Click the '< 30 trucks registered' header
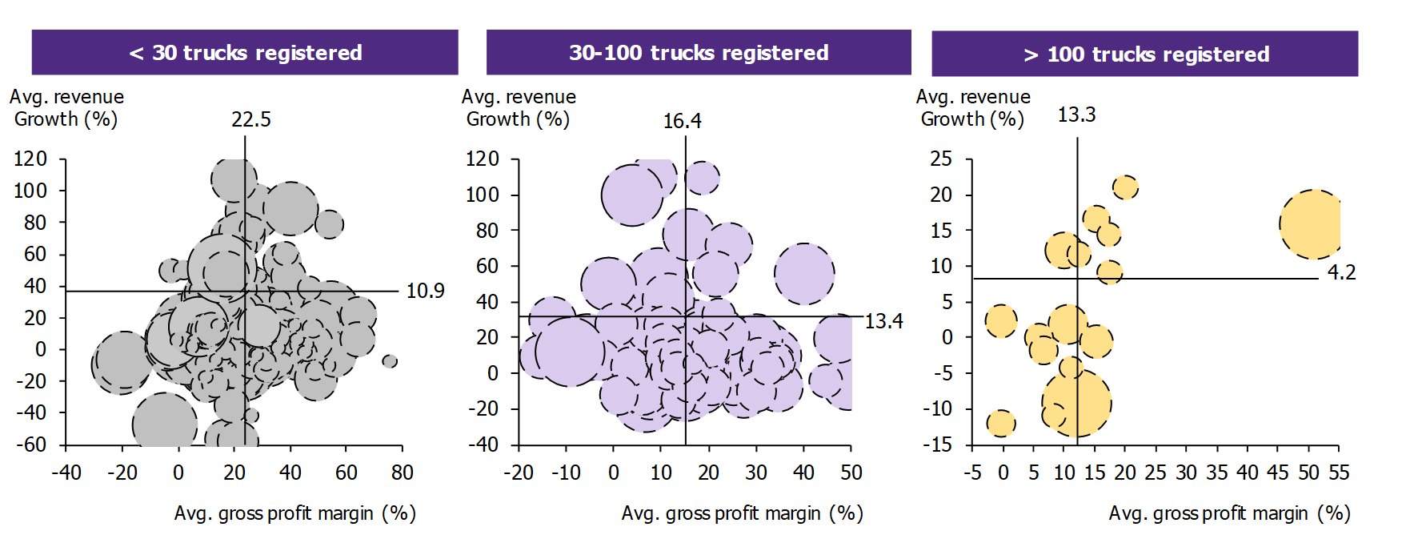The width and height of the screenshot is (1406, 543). [x=245, y=53]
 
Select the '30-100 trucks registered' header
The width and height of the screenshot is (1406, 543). [x=699, y=53]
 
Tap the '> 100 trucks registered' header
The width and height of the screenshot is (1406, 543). [x=1145, y=54]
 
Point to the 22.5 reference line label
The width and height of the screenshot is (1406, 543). [x=251, y=120]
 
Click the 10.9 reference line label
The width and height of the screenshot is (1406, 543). [x=425, y=291]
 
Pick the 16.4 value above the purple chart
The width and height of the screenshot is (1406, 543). [x=682, y=121]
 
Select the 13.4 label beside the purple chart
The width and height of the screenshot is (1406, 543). [x=883, y=321]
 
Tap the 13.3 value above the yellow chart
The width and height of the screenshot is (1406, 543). [x=1076, y=115]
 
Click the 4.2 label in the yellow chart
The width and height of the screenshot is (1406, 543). [x=1341, y=273]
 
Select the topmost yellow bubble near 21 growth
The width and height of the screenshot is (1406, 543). [x=1125, y=187]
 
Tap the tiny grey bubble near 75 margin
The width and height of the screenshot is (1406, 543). [x=390, y=361]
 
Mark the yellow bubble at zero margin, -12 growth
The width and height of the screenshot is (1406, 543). [x=1001, y=423]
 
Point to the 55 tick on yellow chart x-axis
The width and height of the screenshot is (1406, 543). [x=1339, y=473]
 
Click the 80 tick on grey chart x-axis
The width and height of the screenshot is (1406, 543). [x=402, y=473]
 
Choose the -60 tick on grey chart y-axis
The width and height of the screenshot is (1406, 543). [x=31, y=444]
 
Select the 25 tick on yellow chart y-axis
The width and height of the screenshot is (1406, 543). [x=941, y=159]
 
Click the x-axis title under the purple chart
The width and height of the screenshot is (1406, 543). [x=742, y=513]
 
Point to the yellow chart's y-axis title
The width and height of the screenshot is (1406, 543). [x=973, y=108]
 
